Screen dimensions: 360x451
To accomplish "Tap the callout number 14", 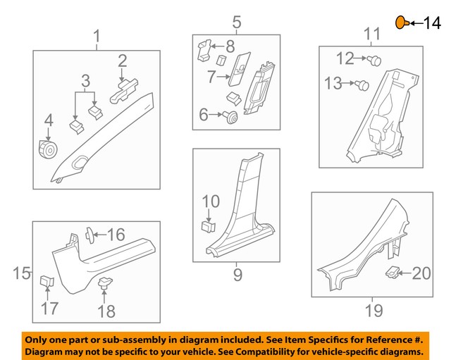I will [432, 23].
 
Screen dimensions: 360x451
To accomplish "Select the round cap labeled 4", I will [49, 149].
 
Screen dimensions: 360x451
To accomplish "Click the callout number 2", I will [122, 61].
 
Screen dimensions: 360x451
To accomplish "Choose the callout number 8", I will [230, 48].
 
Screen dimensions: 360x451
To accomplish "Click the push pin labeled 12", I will [375, 61].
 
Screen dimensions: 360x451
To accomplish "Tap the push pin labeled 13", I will [364, 85].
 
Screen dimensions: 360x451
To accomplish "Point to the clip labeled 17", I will [46, 282].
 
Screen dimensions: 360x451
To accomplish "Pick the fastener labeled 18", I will [106, 283].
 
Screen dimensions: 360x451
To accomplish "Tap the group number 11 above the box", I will [371, 33].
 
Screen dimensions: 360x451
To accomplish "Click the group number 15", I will [21, 273].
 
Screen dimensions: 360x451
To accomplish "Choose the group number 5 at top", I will [236, 22].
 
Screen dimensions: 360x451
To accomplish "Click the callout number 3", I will [85, 80].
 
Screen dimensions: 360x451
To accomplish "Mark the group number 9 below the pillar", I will [237, 273].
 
